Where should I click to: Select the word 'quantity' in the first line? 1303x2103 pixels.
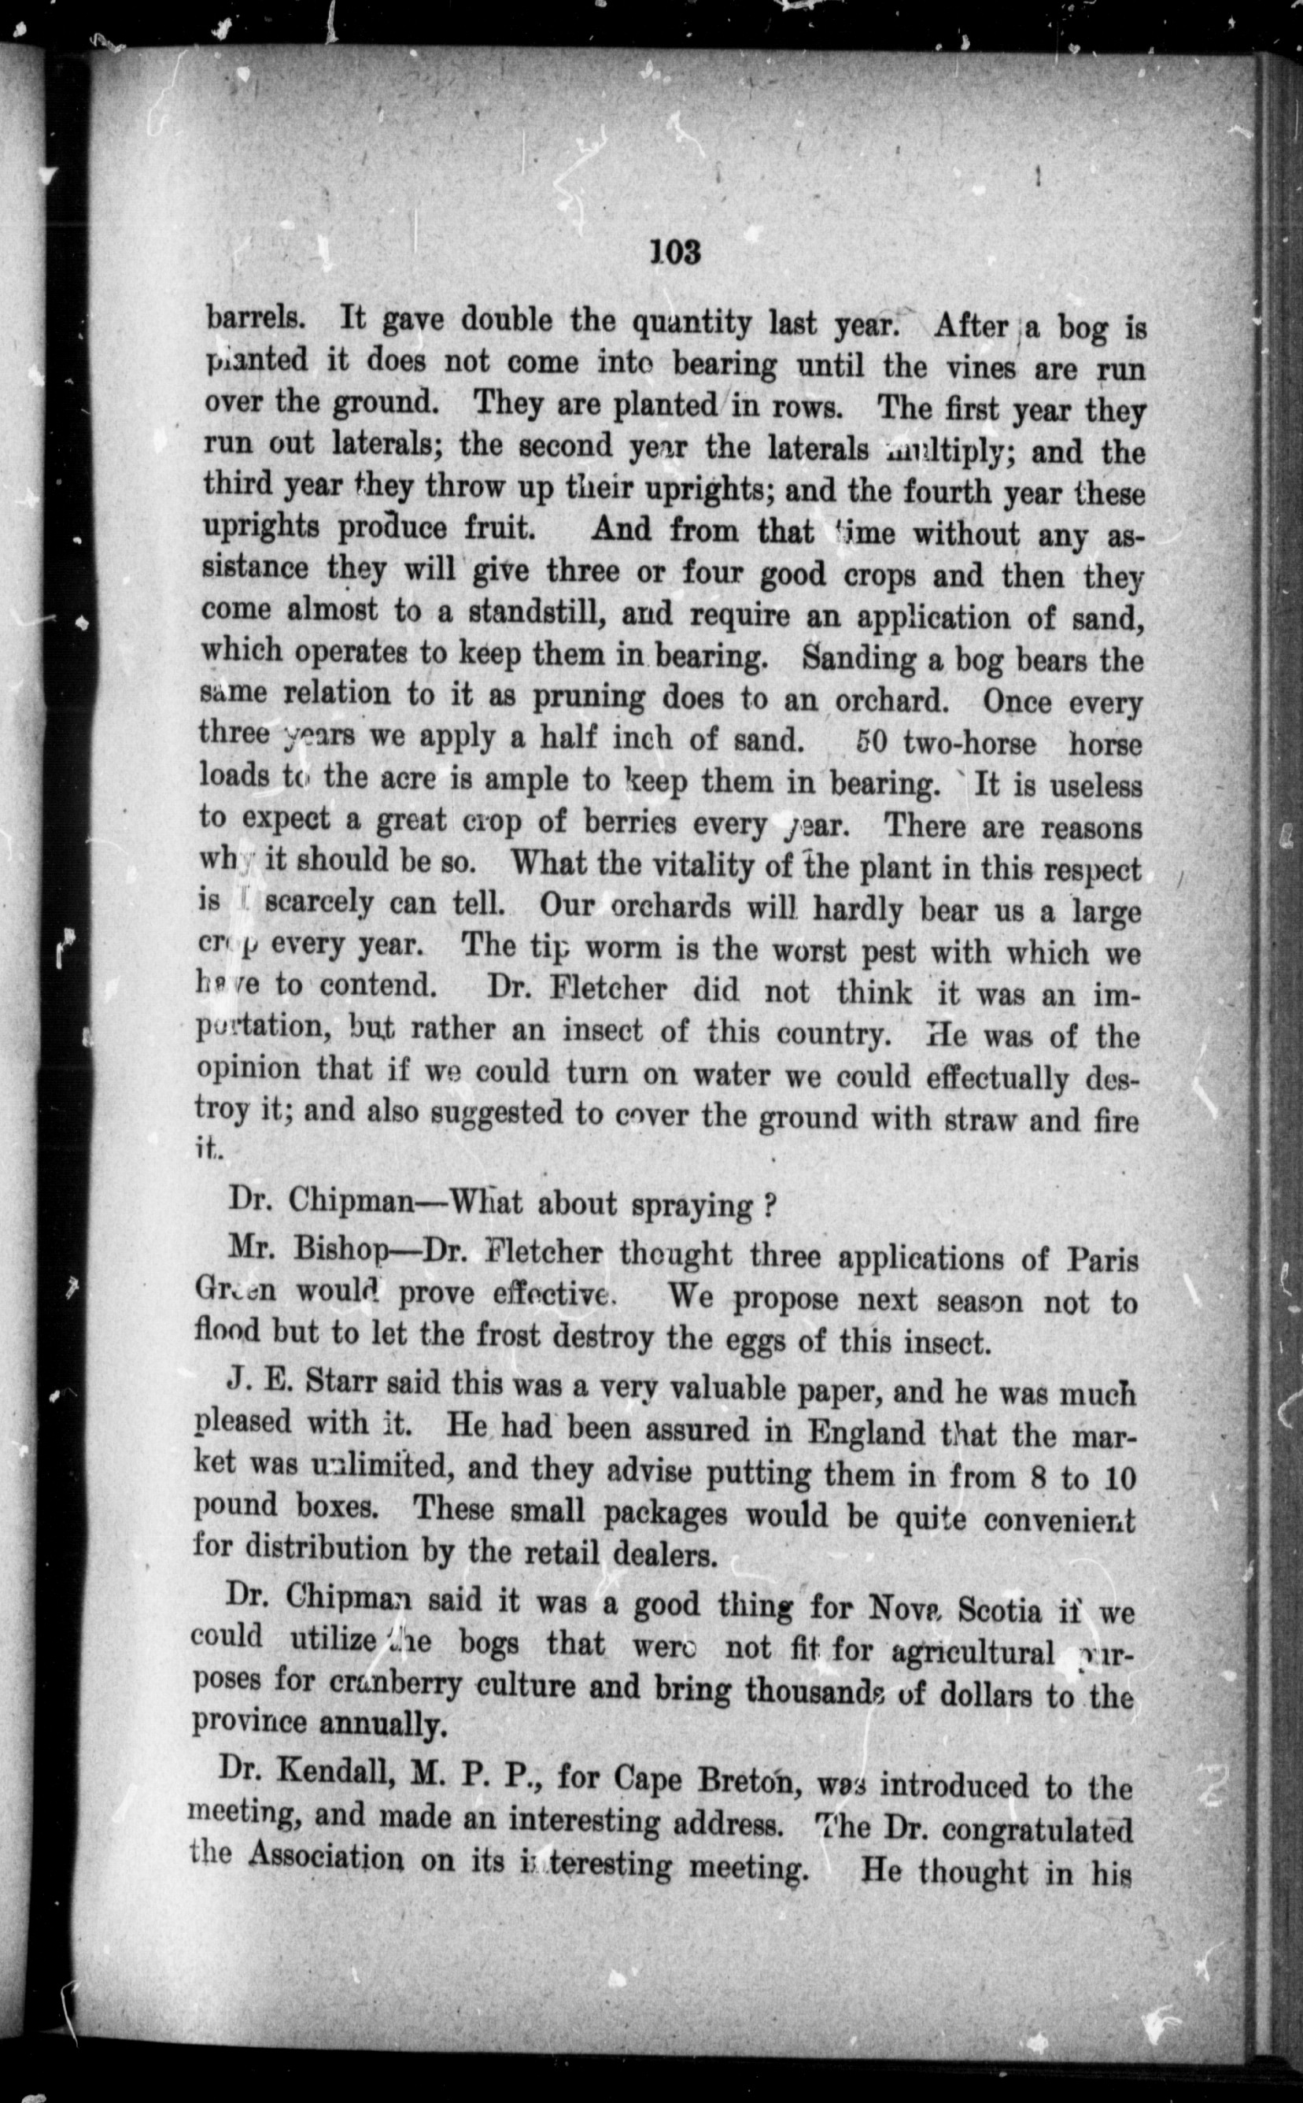click(690, 323)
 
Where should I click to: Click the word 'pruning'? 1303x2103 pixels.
click(589, 695)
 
